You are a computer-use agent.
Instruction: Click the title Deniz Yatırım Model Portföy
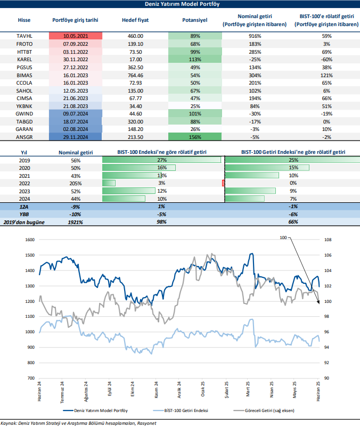pyautogui.click(x=180, y=4)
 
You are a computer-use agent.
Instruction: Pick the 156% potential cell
pyautogui.click(x=195, y=136)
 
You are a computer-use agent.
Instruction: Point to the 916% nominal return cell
pyautogui.click(x=254, y=36)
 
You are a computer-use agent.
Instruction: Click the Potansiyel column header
pyautogui.click(x=195, y=20)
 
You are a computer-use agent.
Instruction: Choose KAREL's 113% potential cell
pyautogui.click(x=195, y=60)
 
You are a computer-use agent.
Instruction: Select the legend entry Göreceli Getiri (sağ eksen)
pyautogui.click(x=264, y=410)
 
